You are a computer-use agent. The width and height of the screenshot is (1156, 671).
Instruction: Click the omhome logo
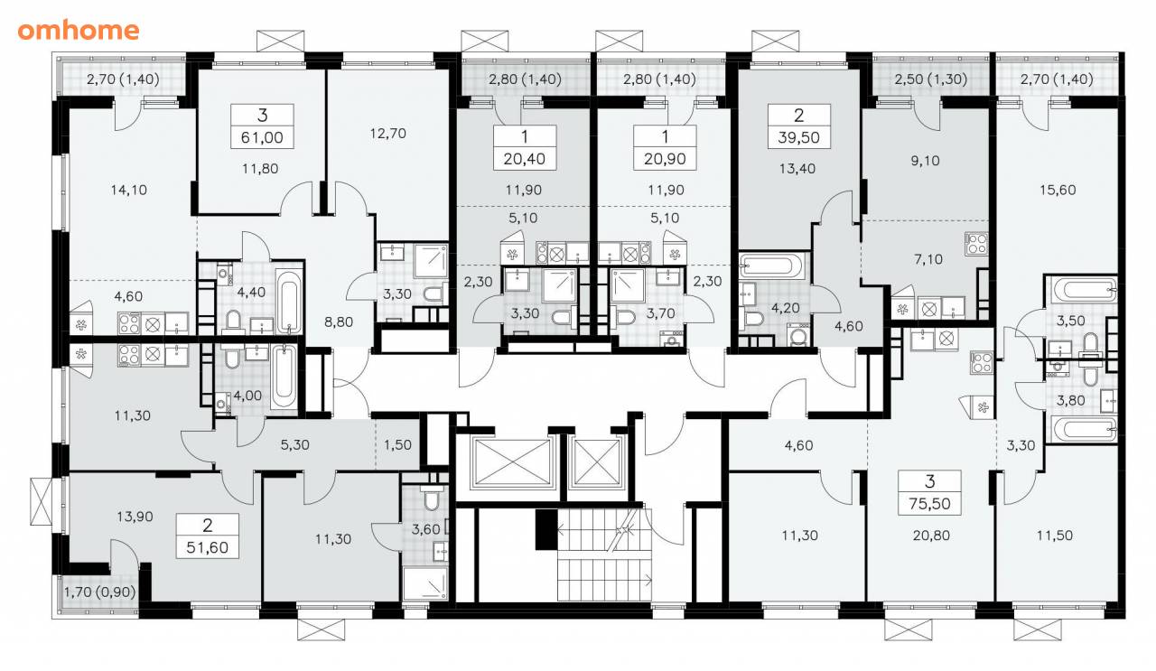(x=79, y=31)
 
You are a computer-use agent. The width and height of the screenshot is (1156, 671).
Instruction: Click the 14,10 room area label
(x=128, y=190)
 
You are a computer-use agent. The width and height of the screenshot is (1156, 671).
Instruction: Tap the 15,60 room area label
(x=1058, y=190)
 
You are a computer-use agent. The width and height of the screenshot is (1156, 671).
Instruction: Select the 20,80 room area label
(x=930, y=536)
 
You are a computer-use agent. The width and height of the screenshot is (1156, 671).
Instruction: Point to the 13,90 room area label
(x=135, y=517)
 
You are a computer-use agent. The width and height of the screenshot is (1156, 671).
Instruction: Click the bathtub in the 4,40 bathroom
(x=288, y=301)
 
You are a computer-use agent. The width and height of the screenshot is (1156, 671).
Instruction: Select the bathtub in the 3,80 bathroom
(x=1082, y=430)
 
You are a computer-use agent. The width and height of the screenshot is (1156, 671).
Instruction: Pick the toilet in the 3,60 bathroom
(x=429, y=498)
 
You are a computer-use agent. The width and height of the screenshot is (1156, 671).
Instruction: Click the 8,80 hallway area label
(x=339, y=322)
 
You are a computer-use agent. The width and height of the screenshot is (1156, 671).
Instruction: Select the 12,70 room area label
(x=387, y=134)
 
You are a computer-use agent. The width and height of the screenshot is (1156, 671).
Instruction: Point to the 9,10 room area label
(x=925, y=161)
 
